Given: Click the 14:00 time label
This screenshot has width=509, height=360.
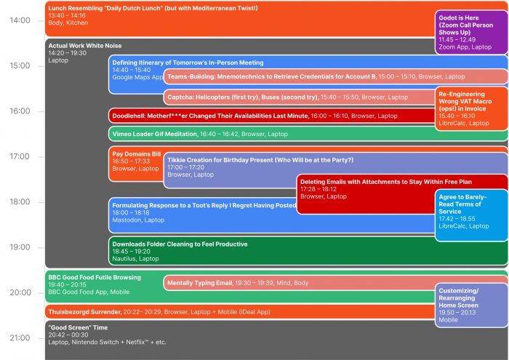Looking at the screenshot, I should coord(20,20).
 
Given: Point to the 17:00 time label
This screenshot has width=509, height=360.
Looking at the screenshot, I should coord(20,156).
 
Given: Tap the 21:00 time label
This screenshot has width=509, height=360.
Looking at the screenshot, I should coord(20,338).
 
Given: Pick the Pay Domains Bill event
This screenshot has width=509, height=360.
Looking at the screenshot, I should coord(135,161).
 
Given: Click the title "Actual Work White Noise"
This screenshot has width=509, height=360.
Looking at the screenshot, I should coord(84,45).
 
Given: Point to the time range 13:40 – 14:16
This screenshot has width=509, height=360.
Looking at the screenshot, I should coord(65,15).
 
